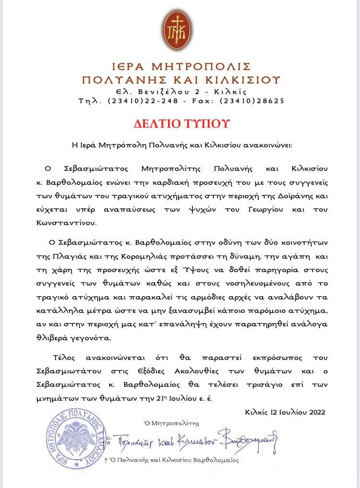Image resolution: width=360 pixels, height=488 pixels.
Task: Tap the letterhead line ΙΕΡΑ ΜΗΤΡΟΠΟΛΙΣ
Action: click(x=180, y=66)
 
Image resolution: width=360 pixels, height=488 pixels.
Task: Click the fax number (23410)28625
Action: click(x=252, y=101)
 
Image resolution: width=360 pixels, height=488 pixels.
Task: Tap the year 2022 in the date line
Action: click(x=314, y=412)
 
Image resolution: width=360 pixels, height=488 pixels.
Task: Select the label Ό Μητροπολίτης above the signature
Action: click(x=171, y=423)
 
